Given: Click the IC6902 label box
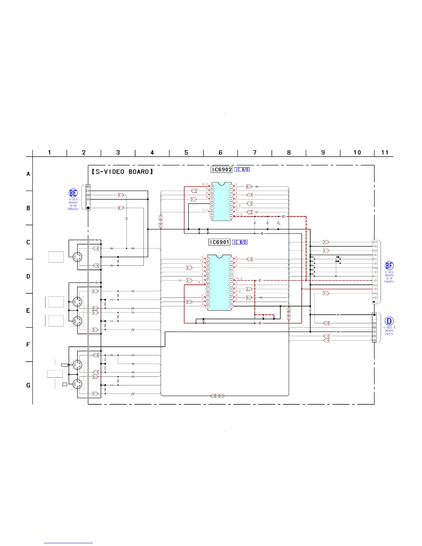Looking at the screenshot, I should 221,170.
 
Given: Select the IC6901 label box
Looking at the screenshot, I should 219,242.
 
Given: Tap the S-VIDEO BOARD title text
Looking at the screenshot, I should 122,172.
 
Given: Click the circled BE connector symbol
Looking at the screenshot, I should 73,193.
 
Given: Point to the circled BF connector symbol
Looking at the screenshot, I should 389,266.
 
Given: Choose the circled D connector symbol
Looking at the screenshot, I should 389,322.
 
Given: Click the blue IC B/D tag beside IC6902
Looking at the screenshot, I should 242,170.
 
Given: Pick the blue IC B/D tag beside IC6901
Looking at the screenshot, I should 240,242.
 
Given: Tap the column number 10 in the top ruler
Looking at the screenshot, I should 357,152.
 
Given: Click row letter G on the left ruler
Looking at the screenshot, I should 28,385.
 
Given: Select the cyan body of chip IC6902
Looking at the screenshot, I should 221,201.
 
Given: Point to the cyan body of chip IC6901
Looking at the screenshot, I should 219,283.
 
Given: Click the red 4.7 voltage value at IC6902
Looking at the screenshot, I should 238,206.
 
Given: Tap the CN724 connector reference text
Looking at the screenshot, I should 389,334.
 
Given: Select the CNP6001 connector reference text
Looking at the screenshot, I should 73,209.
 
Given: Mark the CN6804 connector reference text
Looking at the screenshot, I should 389,282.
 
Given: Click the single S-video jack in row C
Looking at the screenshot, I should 77,257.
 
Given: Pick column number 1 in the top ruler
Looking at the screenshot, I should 50,152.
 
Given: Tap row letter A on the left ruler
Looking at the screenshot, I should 28,174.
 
